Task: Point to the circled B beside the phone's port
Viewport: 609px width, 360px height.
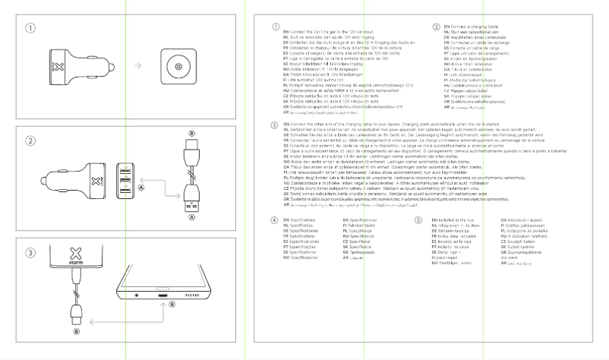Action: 172,305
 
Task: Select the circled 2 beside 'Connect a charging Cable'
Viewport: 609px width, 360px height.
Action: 436,27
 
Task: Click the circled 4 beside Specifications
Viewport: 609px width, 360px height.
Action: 275,219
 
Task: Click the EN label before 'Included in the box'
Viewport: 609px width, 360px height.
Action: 428,219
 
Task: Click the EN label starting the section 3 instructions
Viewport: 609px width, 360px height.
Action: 286,122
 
